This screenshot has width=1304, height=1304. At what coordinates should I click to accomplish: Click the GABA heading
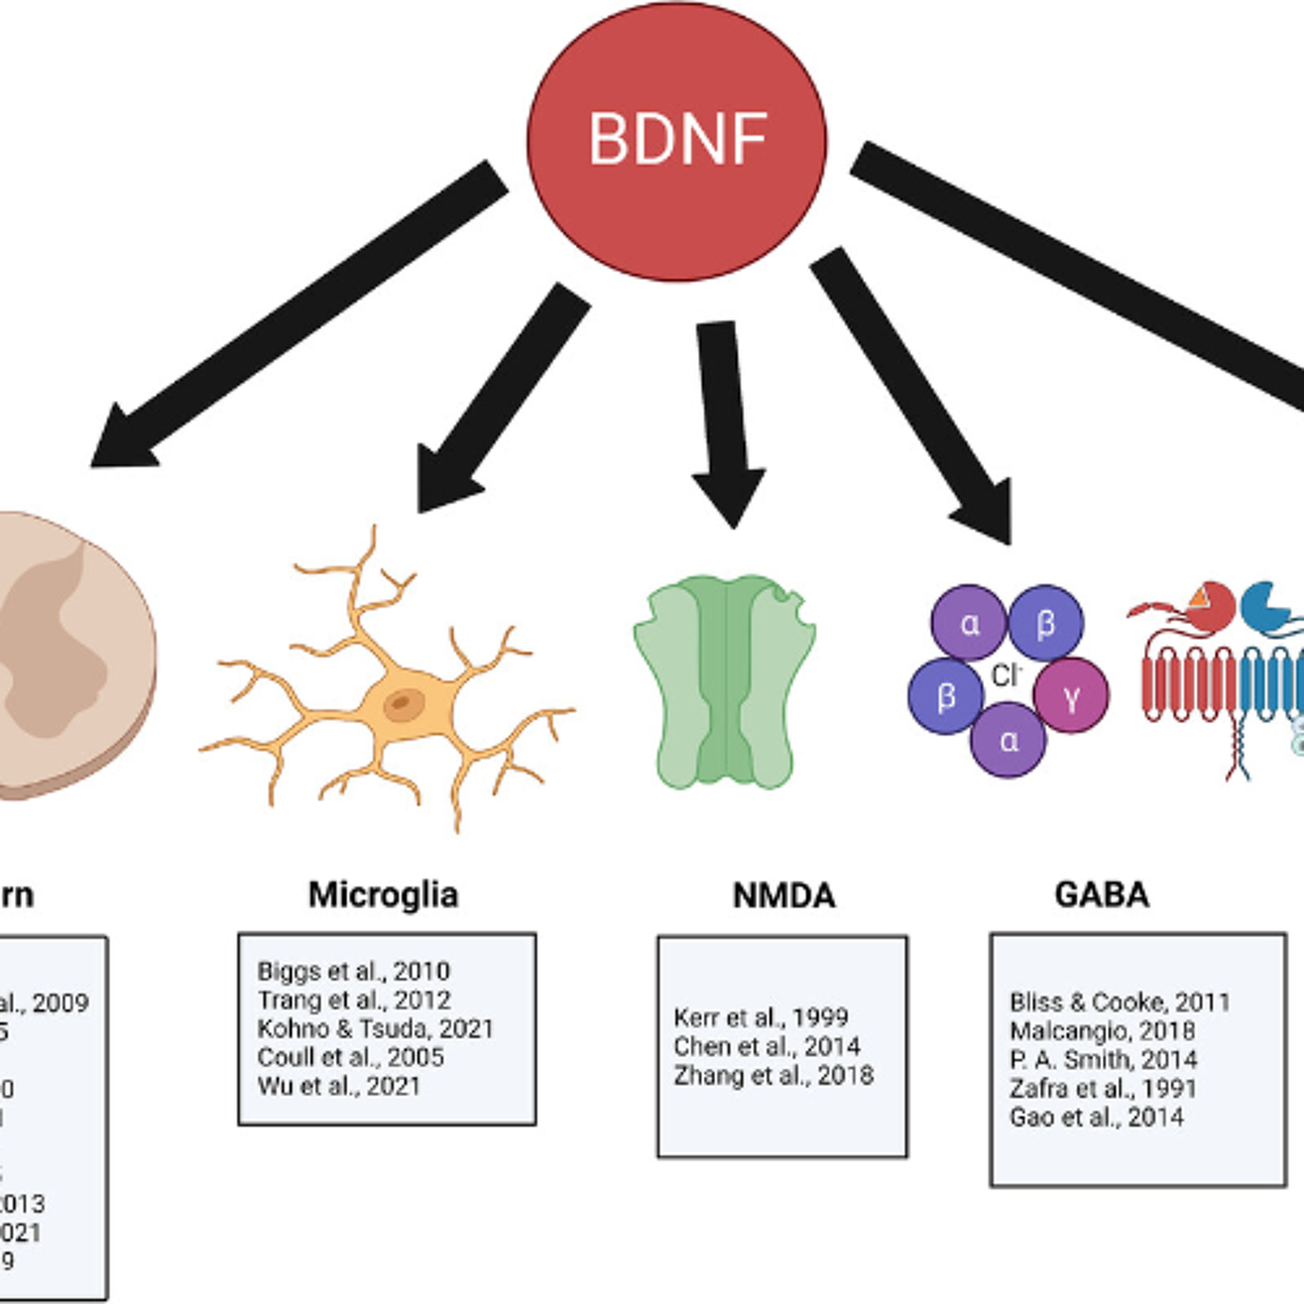[x=1101, y=895]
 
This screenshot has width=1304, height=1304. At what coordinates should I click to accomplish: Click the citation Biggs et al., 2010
[x=353, y=971]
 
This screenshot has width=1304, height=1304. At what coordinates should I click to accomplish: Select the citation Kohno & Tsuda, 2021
[x=375, y=1028]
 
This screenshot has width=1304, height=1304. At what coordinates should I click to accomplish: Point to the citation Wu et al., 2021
[x=339, y=1086]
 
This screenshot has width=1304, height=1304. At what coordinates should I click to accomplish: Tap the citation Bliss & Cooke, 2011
[x=1120, y=1002]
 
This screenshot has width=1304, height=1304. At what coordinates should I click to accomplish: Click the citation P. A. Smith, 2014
[x=1103, y=1060]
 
